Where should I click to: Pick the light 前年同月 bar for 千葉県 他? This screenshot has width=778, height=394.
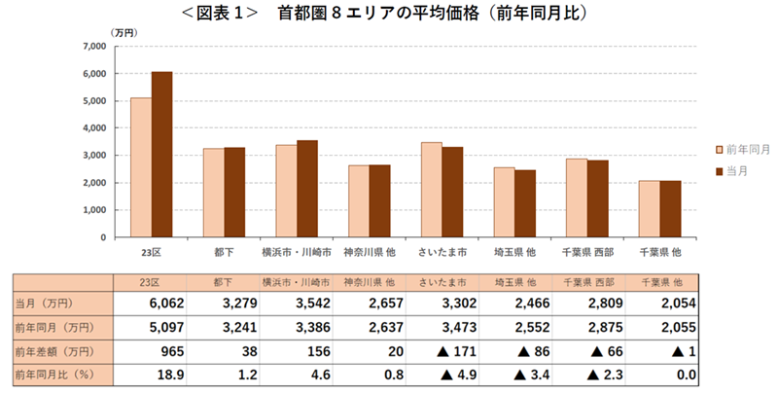tap(649, 208)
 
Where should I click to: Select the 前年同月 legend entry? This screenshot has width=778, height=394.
tap(743, 150)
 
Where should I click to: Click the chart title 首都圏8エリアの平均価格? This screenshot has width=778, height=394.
tap(389, 15)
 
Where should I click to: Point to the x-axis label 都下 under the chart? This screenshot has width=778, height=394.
tap(224, 252)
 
